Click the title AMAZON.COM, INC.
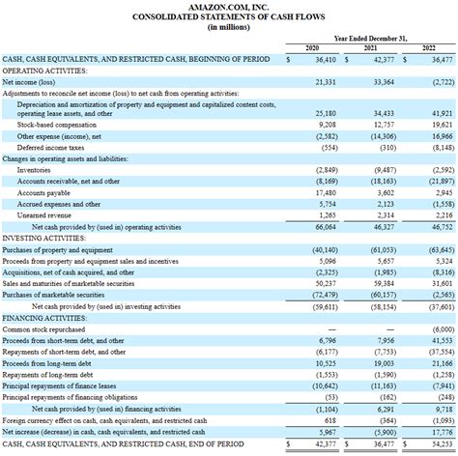(228, 7)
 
